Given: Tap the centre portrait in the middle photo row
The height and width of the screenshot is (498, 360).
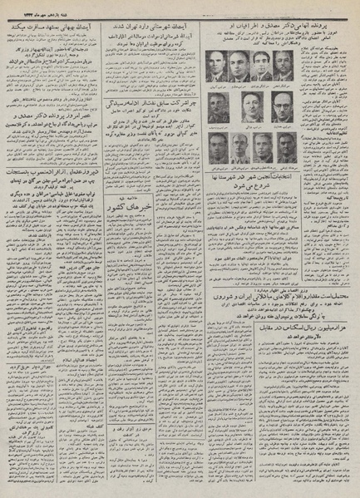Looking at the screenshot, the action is click(x=251, y=106).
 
